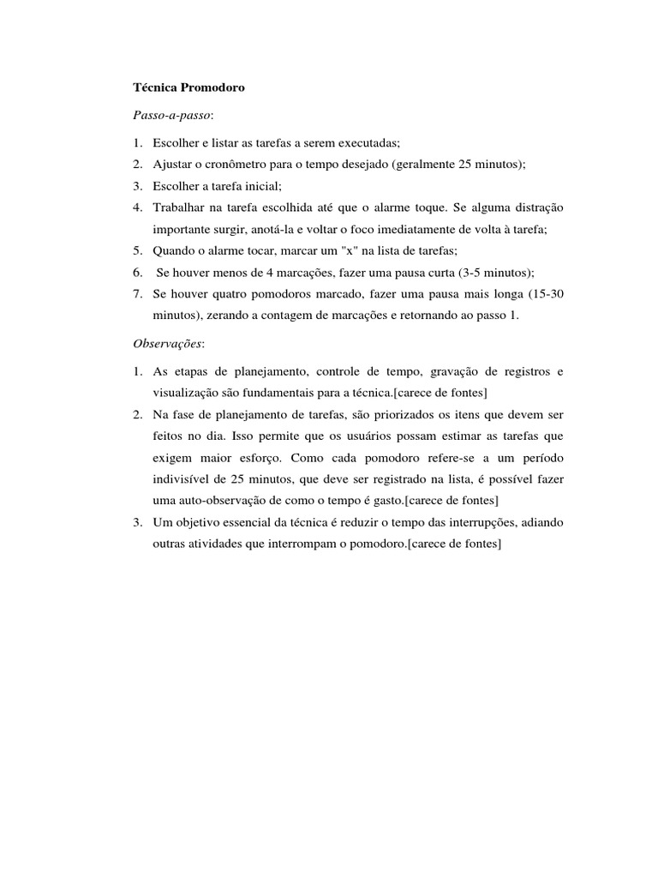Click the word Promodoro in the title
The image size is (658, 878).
click(x=213, y=87)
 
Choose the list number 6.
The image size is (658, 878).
click(x=137, y=273)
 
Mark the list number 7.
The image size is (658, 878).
click(x=137, y=294)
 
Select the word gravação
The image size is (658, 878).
click(x=458, y=371)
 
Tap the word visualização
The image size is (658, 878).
click(x=188, y=393)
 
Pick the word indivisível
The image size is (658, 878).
click(x=183, y=478)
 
